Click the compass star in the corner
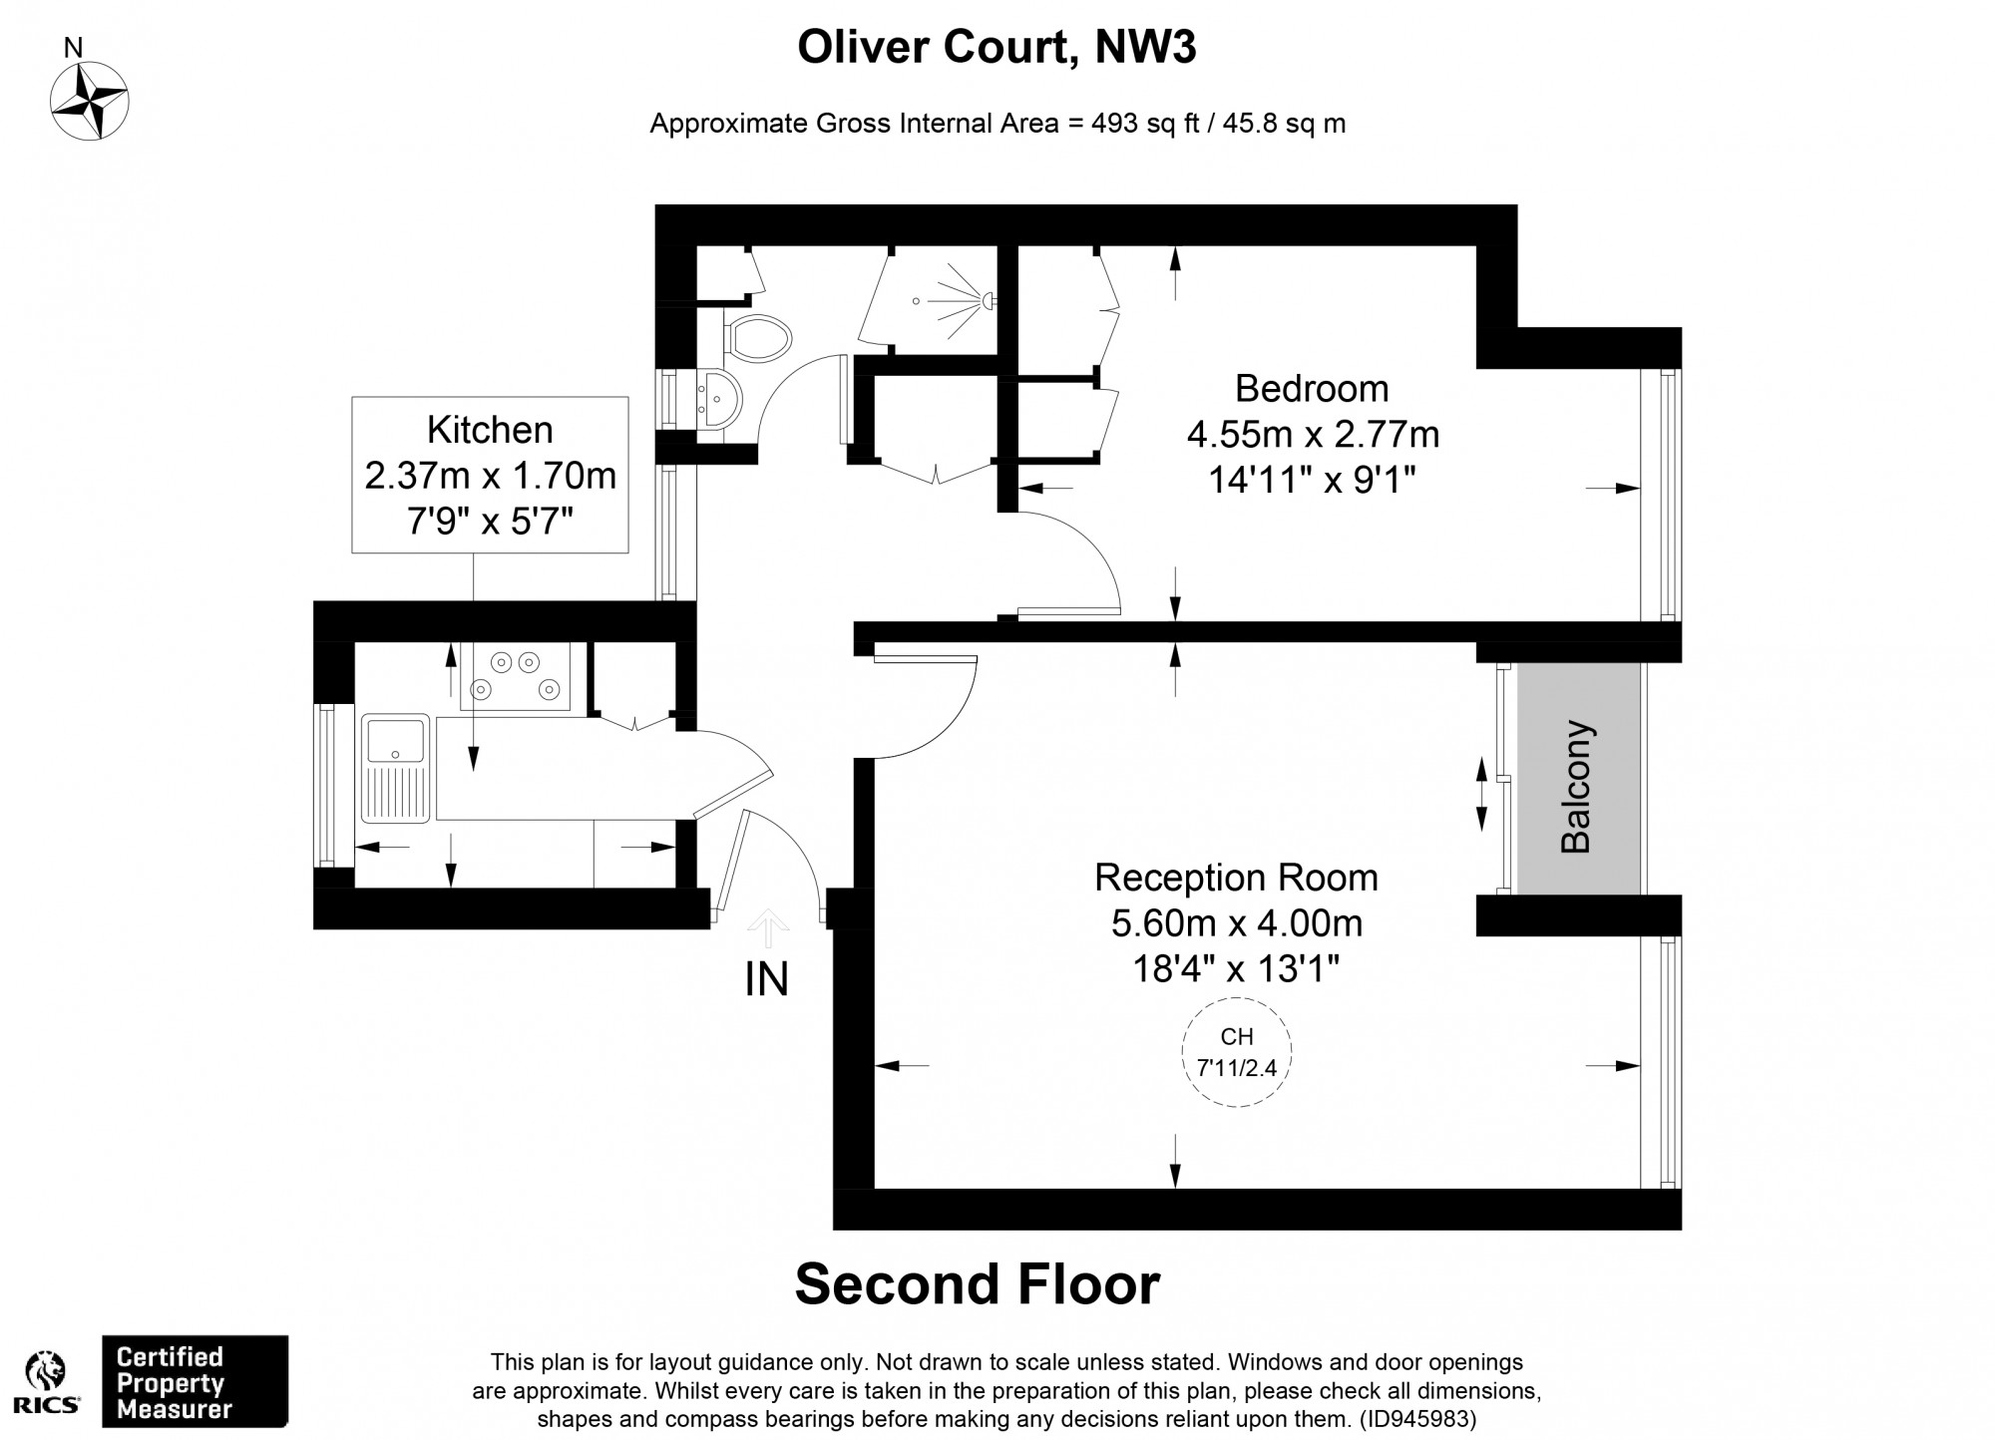coord(90,101)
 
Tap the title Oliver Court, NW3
coord(997,48)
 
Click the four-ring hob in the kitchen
coord(516,675)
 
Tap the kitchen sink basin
coord(396,740)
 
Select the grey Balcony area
coord(1577,779)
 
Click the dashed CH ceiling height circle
coord(1236,1052)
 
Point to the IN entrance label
coord(766,979)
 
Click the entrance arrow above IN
coord(767,927)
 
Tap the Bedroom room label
coord(1311,388)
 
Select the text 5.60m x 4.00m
coord(1237,923)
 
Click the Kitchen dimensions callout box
coord(490,475)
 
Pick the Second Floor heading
coord(977,1284)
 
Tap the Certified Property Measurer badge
coord(196,1382)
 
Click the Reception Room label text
coord(1236,878)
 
